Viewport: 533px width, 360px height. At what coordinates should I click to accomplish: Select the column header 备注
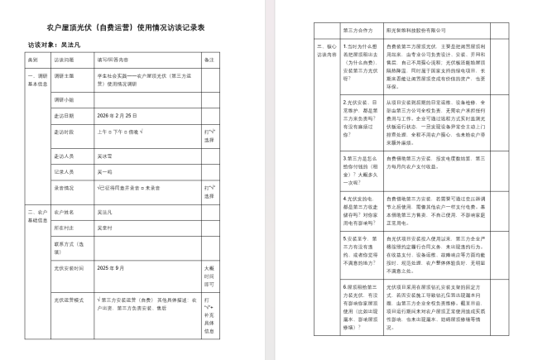209,60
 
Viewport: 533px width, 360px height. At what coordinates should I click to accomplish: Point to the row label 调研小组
65,98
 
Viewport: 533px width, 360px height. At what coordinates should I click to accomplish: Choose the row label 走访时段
65,132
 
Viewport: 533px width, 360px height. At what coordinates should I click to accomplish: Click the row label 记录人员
65,171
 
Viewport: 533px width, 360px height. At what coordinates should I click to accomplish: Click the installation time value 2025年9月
111,268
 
